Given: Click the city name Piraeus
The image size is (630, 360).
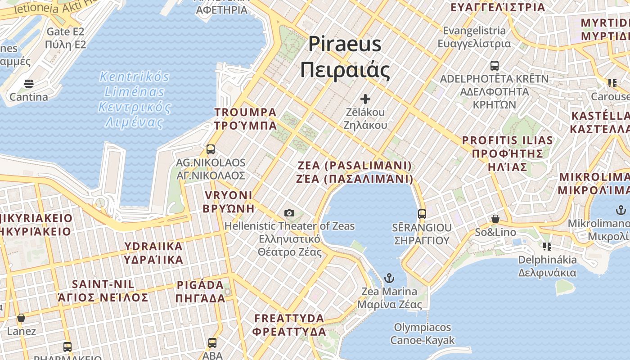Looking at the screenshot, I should tap(345, 44).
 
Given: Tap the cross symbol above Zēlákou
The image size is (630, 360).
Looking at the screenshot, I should tap(365, 99).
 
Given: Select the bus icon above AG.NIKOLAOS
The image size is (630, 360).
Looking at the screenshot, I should tap(210, 149).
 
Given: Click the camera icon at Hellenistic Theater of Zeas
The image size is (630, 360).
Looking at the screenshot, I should tap(289, 213).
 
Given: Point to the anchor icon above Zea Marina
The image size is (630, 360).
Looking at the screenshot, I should tap(389, 278).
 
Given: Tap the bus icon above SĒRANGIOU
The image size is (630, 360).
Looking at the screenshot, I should tap(422, 214).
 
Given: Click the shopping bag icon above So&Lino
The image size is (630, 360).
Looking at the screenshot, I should tap(495, 219).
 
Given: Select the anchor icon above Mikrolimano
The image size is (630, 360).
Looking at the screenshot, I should tap(621, 210).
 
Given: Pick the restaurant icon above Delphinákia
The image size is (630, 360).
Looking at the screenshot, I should tap(547, 246).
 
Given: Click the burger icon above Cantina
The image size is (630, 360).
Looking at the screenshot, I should tap(29, 83).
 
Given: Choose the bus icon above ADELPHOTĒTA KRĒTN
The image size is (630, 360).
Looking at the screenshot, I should tap(495, 65).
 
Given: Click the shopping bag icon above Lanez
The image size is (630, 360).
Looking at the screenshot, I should tap(21, 318).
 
